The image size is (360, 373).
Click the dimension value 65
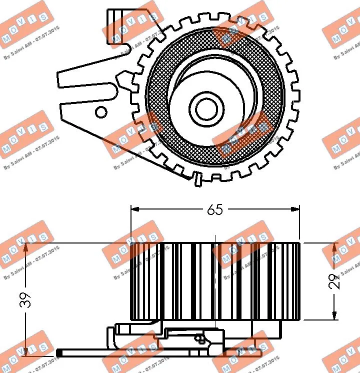point(215,210)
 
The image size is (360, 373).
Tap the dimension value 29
point(336,281)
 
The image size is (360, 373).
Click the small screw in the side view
point(201,338)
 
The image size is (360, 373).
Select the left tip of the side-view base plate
point(58,354)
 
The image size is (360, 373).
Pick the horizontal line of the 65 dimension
point(175,210)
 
